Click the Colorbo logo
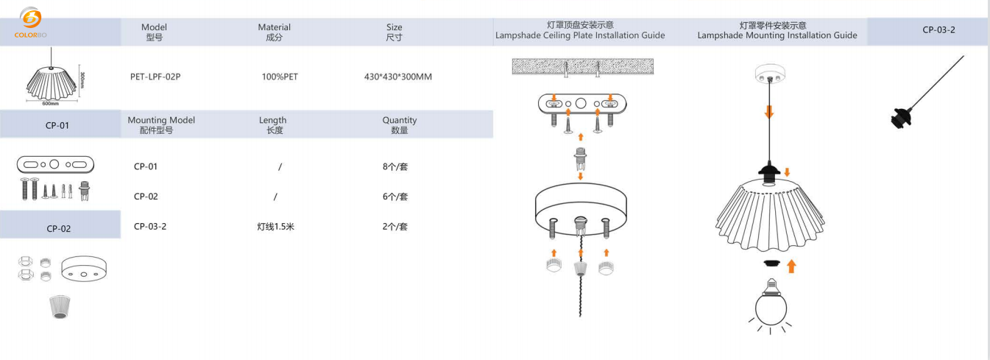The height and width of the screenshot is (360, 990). [30, 22]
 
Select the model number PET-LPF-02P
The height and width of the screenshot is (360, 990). [155, 77]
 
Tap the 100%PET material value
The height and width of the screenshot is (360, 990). [280, 77]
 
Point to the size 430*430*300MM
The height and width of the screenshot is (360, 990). [397, 77]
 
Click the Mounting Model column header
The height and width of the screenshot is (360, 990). [161, 124]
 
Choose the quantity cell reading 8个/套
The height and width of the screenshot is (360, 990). [395, 166]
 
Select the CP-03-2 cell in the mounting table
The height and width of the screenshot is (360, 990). [150, 227]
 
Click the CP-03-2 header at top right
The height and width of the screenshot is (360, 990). [938, 30]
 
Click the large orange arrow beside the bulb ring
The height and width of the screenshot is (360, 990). [791, 266]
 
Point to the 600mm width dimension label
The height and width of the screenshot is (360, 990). [50, 104]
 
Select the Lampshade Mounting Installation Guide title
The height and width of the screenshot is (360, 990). [777, 30]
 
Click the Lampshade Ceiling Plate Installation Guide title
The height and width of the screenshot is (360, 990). [580, 30]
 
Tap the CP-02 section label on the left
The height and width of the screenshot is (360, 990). [59, 228]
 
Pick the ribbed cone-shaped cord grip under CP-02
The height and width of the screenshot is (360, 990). [59, 306]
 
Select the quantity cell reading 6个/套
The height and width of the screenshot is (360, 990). [395, 197]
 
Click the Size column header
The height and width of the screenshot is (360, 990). [395, 32]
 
